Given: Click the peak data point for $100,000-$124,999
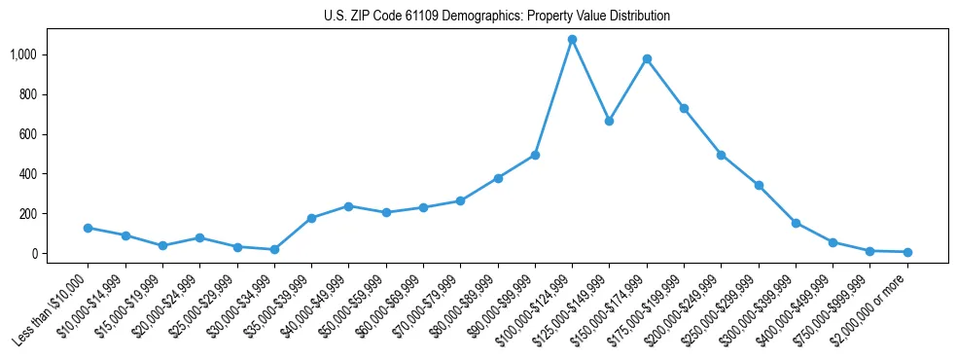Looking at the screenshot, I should coord(572,40).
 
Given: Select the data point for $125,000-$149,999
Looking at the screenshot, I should coord(609,121).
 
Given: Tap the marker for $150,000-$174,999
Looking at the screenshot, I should coord(647,58).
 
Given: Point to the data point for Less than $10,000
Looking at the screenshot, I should coord(88,228).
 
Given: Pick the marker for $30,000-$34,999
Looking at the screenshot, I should coord(274,250).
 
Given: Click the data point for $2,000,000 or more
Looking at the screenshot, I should coord(907,252).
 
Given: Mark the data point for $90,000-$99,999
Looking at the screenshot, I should coord(535,155).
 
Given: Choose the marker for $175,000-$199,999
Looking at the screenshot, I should coord(684,108).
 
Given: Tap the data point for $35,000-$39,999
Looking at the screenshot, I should coord(311,218).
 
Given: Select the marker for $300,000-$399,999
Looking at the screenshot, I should coord(796,223).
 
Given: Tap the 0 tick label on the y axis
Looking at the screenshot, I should coord(33,254).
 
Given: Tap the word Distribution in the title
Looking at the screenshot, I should coord(638,17).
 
